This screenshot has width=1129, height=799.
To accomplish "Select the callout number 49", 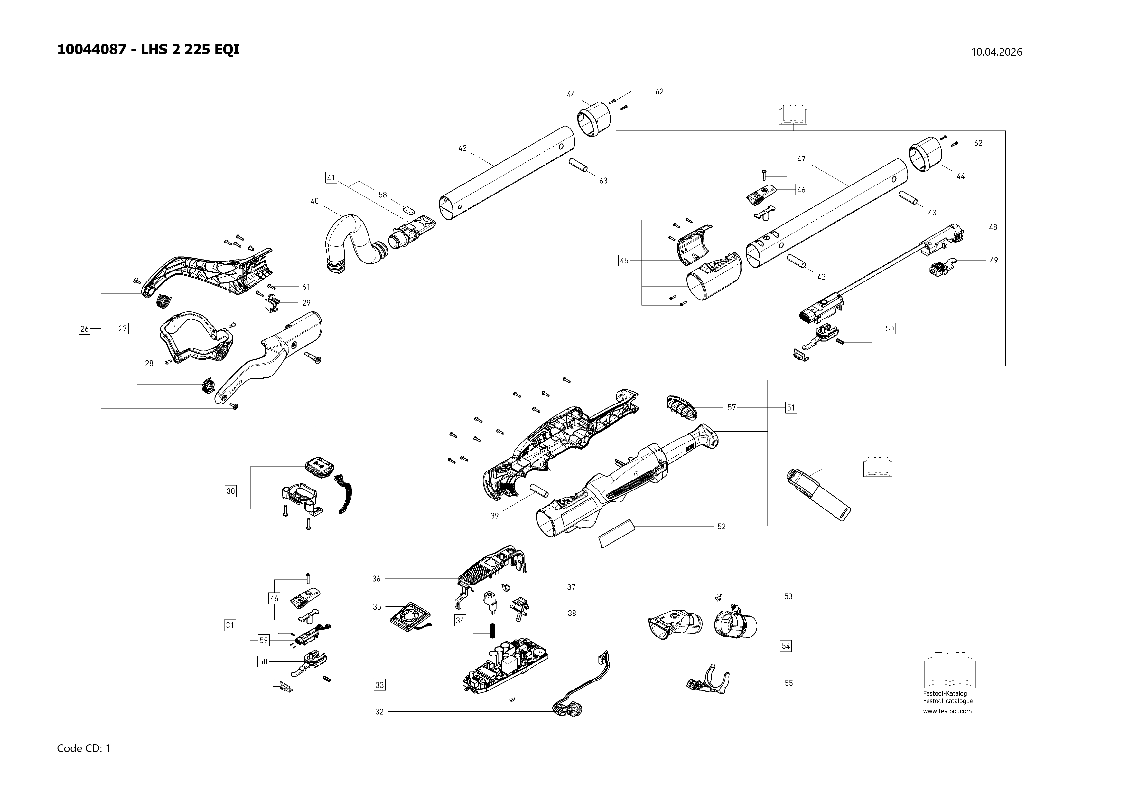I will pos(994,260).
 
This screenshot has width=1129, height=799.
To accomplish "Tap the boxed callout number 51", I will pos(791,407).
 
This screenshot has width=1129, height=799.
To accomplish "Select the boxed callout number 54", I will pos(786,646).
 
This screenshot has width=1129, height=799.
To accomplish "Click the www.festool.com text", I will pos(947,711).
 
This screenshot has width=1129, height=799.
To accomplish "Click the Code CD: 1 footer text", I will pos(84,748).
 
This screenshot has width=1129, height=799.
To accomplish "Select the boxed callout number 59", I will pos(264,640).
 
